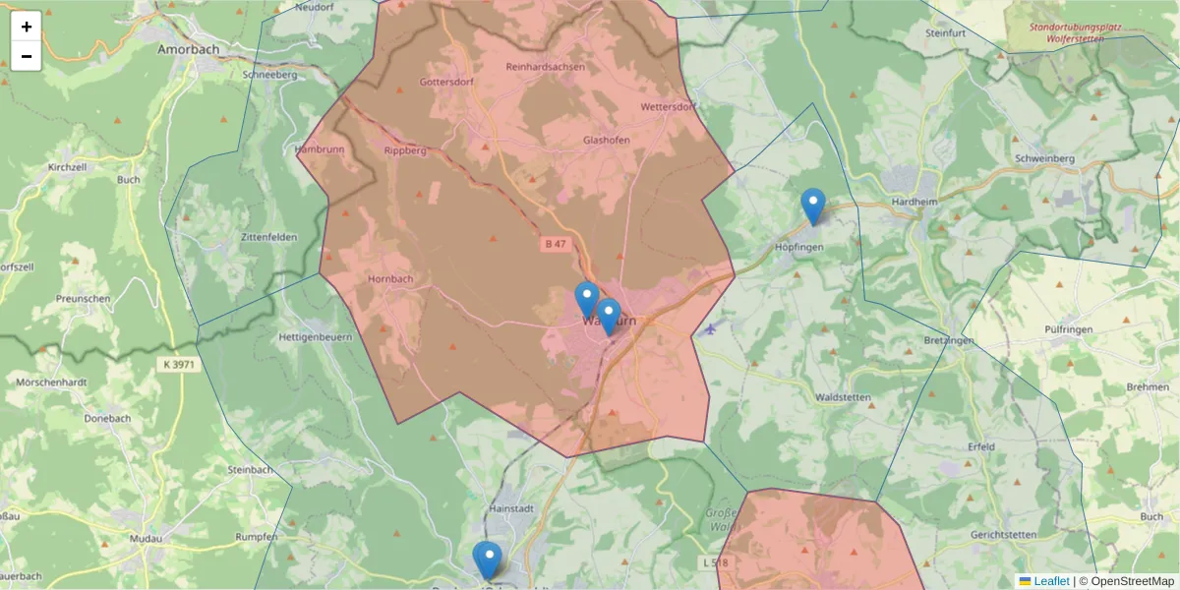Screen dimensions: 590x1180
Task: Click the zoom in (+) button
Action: (27, 27)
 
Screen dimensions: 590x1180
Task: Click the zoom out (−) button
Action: (27, 56)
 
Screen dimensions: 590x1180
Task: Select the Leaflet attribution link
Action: (1051, 581)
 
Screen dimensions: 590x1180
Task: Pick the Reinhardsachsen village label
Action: (545, 67)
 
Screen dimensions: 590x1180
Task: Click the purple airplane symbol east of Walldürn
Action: (709, 328)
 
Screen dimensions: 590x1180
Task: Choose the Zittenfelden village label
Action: (241, 238)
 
